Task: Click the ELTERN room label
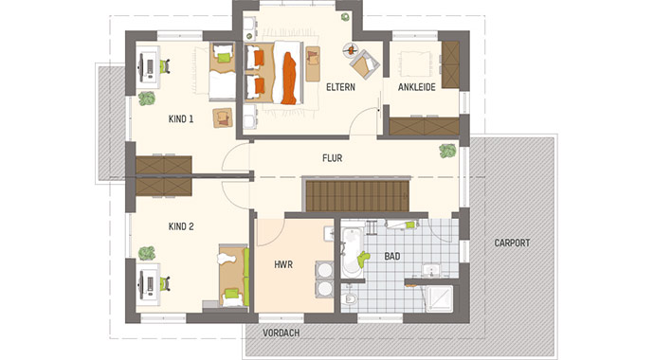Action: [339, 88]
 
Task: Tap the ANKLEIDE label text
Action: [415, 88]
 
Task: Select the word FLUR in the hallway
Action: [332, 159]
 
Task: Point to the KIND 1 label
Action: [181, 119]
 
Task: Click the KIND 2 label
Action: [181, 226]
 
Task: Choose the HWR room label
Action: [283, 266]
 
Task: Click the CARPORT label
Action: [512, 243]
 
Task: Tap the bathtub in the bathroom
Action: [352, 250]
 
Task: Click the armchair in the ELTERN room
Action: [361, 65]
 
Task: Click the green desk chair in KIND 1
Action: [165, 66]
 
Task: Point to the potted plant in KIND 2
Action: [147, 253]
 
